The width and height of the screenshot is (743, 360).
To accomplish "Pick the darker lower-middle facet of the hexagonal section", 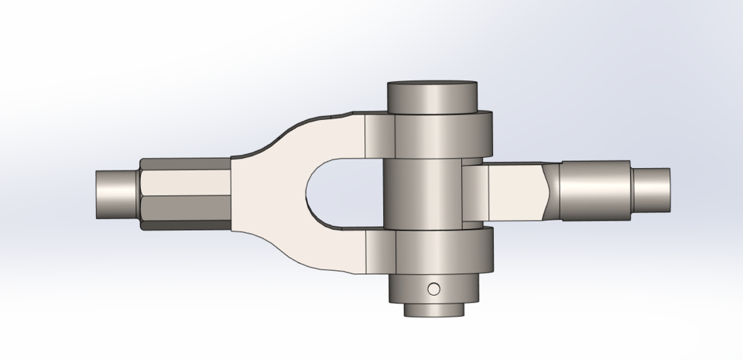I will [x=186, y=207].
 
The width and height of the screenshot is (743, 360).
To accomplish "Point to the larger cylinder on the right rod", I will [x=596, y=191].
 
